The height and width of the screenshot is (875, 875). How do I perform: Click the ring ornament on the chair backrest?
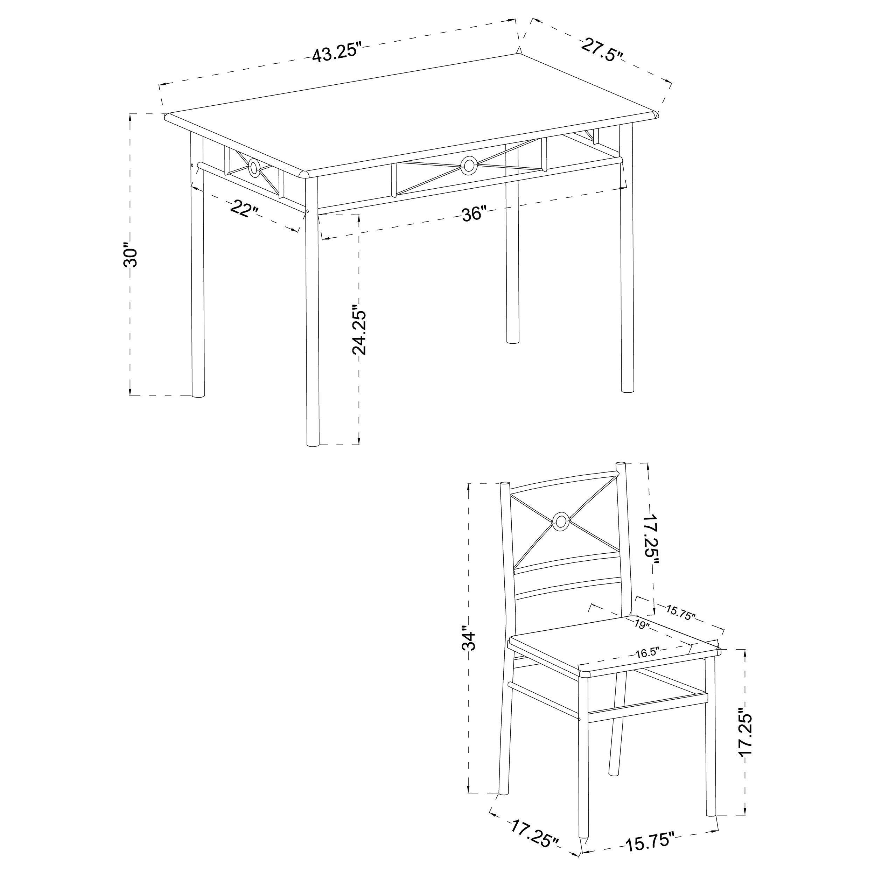(561, 521)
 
